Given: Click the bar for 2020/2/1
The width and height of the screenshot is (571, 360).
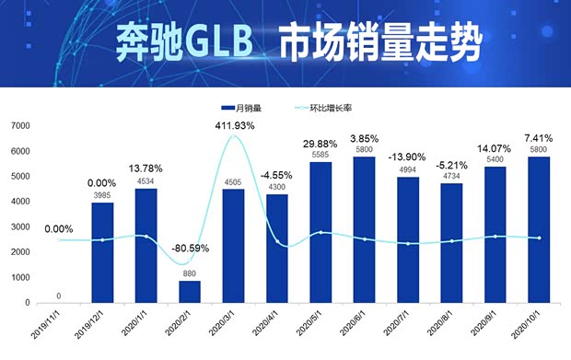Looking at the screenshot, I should (190, 291).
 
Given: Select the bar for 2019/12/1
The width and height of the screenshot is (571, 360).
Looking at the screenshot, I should (102, 252).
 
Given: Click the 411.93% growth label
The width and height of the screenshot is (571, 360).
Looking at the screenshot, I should (234, 125).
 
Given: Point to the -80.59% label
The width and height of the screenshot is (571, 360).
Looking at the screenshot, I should (190, 249).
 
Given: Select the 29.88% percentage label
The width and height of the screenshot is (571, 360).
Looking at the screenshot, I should (320, 144).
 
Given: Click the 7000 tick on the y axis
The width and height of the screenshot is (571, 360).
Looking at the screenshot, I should (20, 125).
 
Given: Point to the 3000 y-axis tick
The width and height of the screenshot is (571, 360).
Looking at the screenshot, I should (20, 226).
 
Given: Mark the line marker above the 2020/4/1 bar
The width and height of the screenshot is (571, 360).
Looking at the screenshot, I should (277, 241).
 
